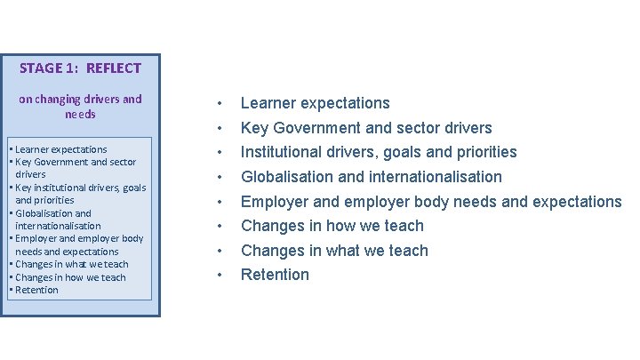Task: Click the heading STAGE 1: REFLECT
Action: [80, 68]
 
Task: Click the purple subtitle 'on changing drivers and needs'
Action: [80, 107]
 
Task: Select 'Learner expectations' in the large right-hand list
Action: [315, 103]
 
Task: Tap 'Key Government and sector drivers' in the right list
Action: [366, 128]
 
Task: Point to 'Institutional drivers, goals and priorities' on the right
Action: [379, 152]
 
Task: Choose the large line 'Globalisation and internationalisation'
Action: [372, 177]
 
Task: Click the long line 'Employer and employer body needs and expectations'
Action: [431, 202]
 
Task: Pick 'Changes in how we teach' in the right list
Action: [332, 226]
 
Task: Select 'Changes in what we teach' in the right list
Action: [334, 251]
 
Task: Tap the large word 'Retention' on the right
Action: [276, 275]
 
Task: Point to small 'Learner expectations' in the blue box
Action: [59, 149]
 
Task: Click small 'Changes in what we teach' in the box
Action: [69, 264]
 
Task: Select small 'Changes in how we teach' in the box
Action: [68, 277]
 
